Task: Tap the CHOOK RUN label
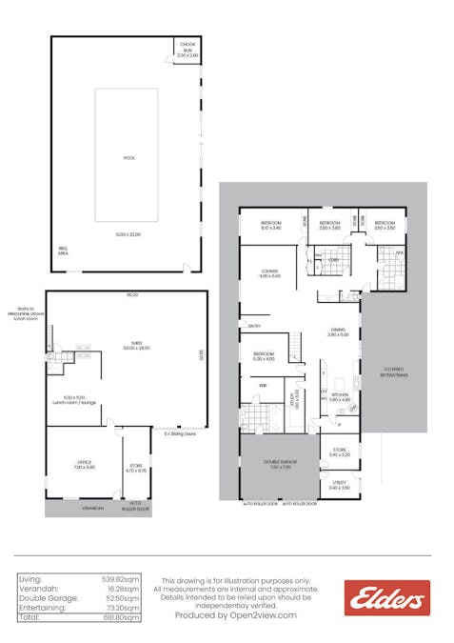[188, 50]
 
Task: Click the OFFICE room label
[85, 464]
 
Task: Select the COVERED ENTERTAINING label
[394, 372]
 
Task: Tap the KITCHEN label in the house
[340, 395]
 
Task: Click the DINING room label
[338, 331]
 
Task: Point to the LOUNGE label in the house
[270, 272]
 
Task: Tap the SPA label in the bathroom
[401, 252]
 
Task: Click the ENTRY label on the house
[254, 327]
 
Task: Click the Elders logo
[386, 598]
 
